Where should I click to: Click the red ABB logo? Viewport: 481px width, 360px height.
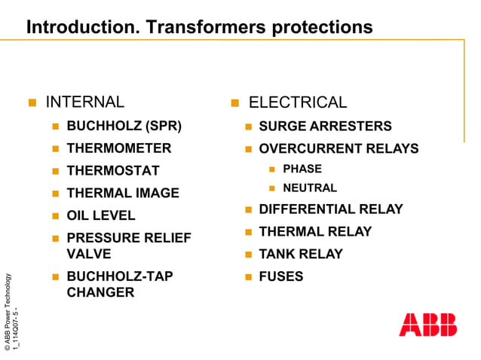pyautogui.click(x=427, y=324)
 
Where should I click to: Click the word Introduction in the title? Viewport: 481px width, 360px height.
pyautogui.click(x=73, y=27)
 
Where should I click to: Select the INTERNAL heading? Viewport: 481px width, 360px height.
pyautogui.click(x=85, y=102)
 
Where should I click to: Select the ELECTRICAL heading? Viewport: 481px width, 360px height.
pyautogui.click(x=298, y=102)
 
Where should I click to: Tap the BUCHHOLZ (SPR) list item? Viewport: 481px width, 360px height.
pyautogui.click(x=124, y=126)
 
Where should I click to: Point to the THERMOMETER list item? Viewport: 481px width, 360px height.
pyautogui.click(x=119, y=148)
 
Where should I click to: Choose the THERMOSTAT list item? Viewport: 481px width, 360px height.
pyautogui.click(x=113, y=171)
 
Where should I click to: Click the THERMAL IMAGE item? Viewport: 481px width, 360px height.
pyautogui.click(x=123, y=194)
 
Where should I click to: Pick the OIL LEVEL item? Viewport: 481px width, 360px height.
pyautogui.click(x=101, y=215)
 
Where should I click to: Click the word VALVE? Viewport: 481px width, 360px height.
pyautogui.click(x=89, y=254)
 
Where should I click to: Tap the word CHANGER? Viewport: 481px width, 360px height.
pyautogui.click(x=100, y=292)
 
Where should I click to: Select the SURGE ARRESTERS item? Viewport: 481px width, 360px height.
pyautogui.click(x=325, y=126)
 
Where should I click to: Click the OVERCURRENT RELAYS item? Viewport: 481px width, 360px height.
pyautogui.click(x=339, y=148)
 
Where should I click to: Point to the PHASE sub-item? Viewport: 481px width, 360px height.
pyautogui.click(x=302, y=169)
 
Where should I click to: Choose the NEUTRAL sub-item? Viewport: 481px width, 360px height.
pyautogui.click(x=309, y=188)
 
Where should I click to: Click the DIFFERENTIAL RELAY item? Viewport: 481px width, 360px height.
pyautogui.click(x=330, y=209)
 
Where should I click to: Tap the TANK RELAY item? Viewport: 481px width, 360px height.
pyautogui.click(x=300, y=254)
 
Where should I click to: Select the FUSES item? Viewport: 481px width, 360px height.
pyautogui.click(x=280, y=276)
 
